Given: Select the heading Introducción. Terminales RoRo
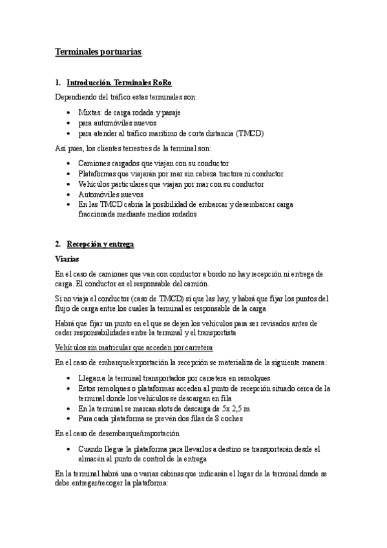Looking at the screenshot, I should pos(120,83).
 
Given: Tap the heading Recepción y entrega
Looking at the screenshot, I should pos(99,244).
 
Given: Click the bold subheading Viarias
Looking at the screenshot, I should pos(67,259).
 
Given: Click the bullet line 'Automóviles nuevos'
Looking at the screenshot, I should pos(110,194).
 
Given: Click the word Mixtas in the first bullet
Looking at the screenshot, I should pos(90,112).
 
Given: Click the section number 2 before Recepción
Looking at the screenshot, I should pos(58,244).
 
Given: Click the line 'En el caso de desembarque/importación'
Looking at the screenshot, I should pos(117,433).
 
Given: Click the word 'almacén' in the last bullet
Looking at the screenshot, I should pos(92,459).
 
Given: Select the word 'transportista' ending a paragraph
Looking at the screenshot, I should pos(217,333).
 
